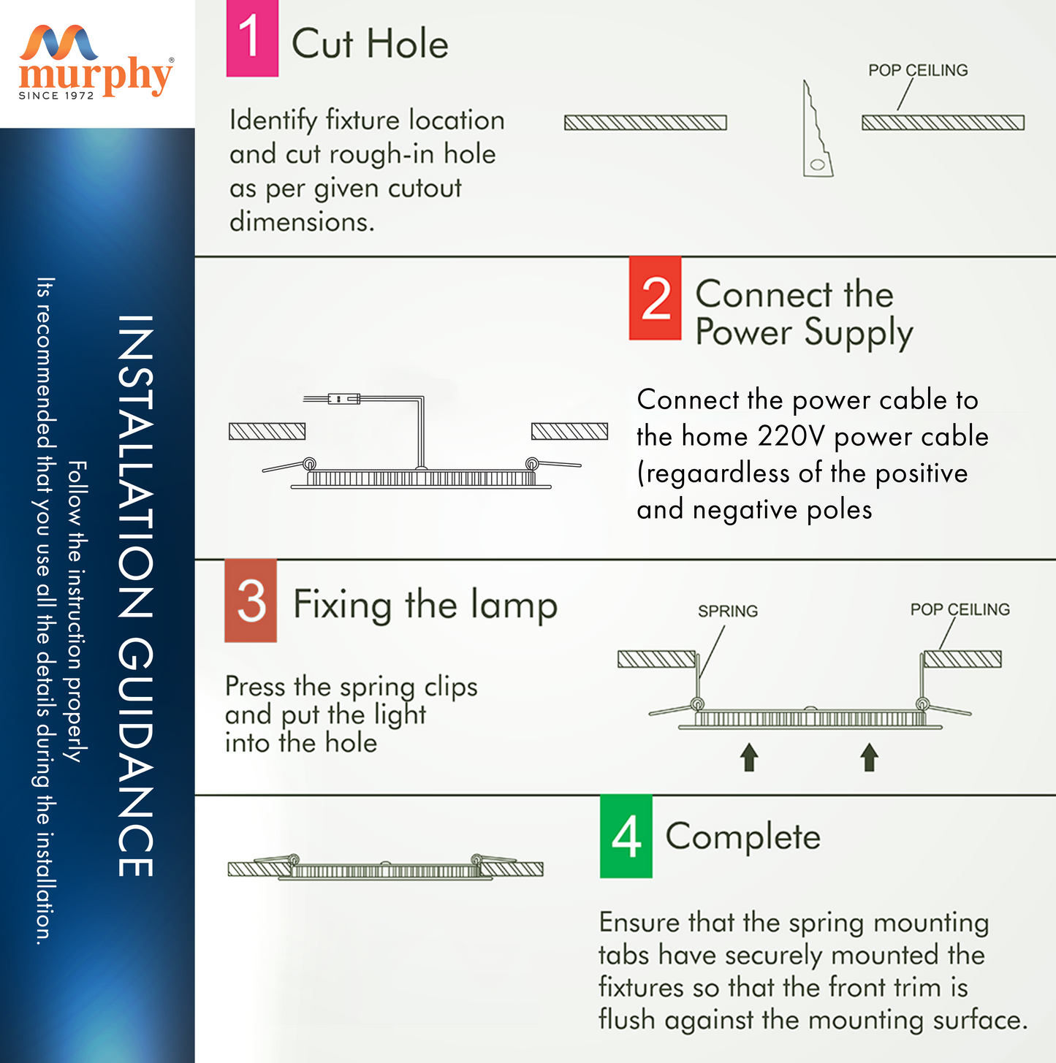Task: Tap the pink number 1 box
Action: (x=252, y=38)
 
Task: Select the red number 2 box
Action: (x=656, y=298)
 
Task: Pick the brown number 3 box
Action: (x=251, y=601)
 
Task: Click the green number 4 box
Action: (x=626, y=837)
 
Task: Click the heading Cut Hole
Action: (x=370, y=44)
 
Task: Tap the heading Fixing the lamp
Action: (x=425, y=605)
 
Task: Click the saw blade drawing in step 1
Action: (x=817, y=129)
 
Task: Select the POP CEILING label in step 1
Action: (x=918, y=71)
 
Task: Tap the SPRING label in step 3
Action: (x=728, y=611)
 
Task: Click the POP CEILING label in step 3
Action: (x=960, y=609)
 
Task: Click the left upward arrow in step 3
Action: (x=749, y=757)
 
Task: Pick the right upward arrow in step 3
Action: (x=870, y=757)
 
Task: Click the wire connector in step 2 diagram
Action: (x=343, y=398)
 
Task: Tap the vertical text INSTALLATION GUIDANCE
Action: (x=136, y=595)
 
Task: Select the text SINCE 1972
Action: (x=56, y=96)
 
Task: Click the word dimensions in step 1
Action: (x=302, y=222)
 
